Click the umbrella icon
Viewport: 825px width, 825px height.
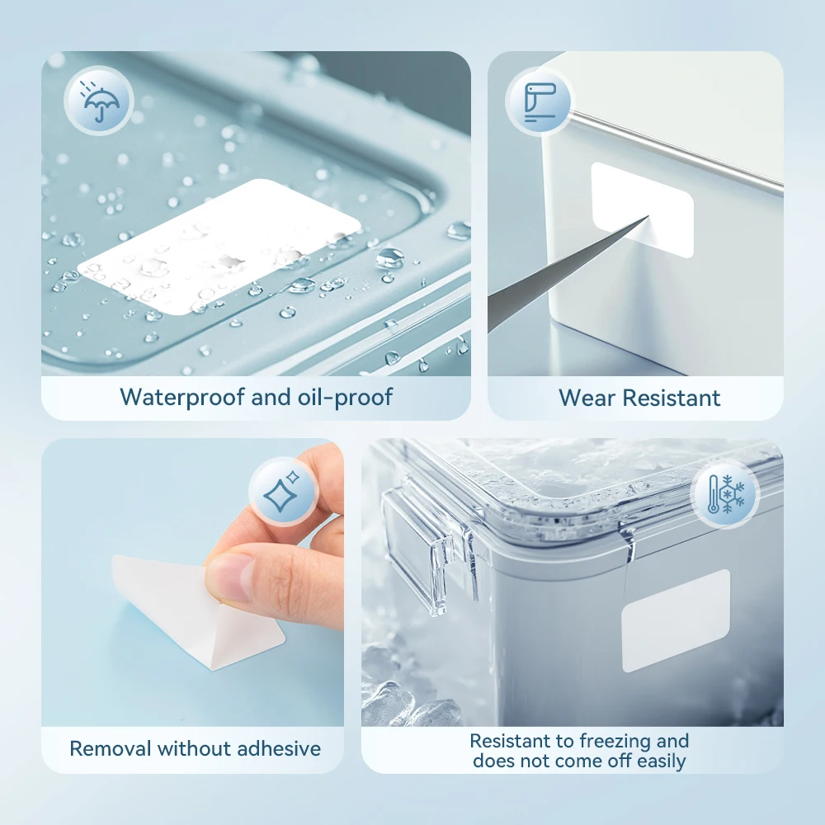click(99, 101)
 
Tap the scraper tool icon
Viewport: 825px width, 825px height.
click(540, 102)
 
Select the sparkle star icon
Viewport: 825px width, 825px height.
click(282, 492)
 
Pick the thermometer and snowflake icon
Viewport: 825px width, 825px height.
click(725, 494)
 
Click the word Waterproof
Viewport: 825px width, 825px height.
click(182, 398)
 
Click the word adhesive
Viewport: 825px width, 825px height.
click(279, 749)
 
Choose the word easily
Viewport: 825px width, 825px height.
click(661, 761)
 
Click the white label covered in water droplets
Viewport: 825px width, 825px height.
click(219, 247)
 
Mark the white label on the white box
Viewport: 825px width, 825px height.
click(642, 210)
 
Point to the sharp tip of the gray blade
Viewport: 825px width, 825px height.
click(648, 216)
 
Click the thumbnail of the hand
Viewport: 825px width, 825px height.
click(233, 577)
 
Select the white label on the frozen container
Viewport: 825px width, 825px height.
click(676, 621)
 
